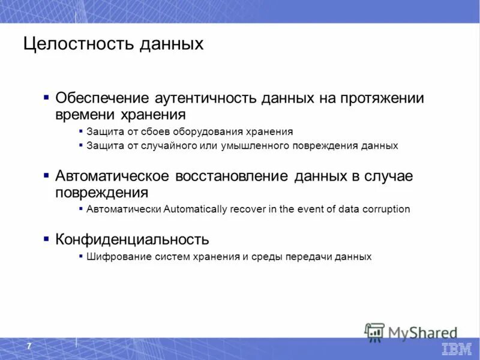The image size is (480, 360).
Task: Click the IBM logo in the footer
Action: click(457, 349)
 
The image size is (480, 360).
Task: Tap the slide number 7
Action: click(29, 347)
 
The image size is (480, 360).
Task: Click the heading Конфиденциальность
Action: click(132, 240)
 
